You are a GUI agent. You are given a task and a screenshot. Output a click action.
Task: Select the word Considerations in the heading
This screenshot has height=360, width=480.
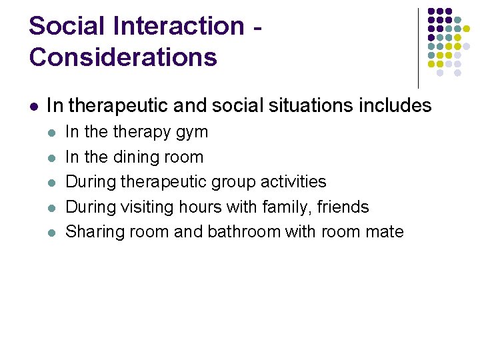(x=123, y=57)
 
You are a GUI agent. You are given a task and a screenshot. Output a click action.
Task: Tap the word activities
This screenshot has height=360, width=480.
(x=293, y=182)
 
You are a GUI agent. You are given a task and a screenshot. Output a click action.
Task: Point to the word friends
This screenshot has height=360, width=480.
(x=343, y=207)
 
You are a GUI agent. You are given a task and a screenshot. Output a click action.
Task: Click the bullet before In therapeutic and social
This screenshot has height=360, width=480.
(x=33, y=106)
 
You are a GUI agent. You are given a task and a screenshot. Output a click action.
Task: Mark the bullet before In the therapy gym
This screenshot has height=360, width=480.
(x=53, y=133)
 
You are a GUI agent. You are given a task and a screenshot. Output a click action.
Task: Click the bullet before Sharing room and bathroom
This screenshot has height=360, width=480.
(x=53, y=233)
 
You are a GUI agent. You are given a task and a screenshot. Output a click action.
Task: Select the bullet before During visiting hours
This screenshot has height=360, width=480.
(x=53, y=208)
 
